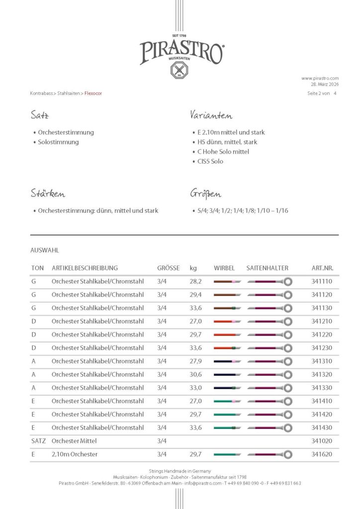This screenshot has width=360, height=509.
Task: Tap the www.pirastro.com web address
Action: pos(320,78)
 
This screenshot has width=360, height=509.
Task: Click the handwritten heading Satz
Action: pos(39,116)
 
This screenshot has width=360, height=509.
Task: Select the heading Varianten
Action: pos(211,116)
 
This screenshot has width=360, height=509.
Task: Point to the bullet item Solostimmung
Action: pos(58,142)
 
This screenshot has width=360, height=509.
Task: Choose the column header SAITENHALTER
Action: pos(267,268)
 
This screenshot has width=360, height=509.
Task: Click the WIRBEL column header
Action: pos(224,268)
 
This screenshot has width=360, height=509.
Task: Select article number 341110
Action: pos(322,281)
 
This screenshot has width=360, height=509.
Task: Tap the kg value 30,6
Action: pos(195,374)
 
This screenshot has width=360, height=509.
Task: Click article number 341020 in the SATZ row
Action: pos(322,441)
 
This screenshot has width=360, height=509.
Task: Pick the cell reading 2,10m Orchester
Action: pos(75,454)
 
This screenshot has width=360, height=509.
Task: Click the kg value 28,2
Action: pos(195,281)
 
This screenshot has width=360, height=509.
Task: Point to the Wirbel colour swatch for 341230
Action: pos(227,348)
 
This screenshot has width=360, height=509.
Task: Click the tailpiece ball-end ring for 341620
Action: pos(288,454)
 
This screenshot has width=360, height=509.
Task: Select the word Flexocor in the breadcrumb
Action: pos(93,93)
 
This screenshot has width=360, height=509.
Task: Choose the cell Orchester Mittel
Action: pos(74,441)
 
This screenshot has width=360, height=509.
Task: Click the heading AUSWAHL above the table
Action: pos(44,251)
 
